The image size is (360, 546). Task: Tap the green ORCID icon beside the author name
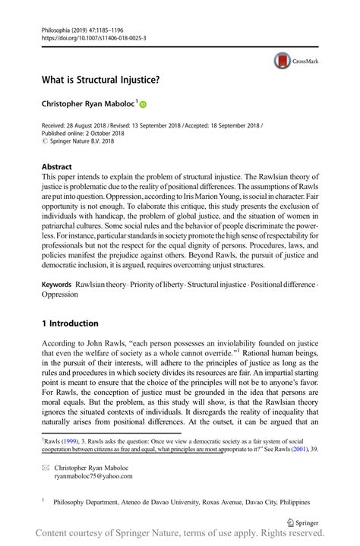click(141, 104)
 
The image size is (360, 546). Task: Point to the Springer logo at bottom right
click(302, 523)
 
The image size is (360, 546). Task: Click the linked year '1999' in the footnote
click(73, 439)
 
